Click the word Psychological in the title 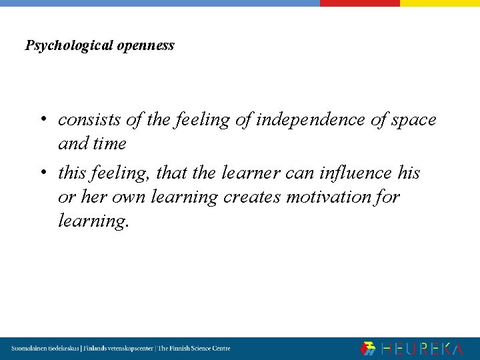point(69,46)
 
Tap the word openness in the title point(145,46)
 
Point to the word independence point(311,120)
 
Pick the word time point(111,143)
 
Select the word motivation point(333,197)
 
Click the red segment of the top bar point(359,3)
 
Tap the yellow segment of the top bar point(439,3)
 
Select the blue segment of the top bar point(160,3)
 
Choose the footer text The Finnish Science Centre point(194,349)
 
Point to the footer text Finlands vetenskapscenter point(117,349)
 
